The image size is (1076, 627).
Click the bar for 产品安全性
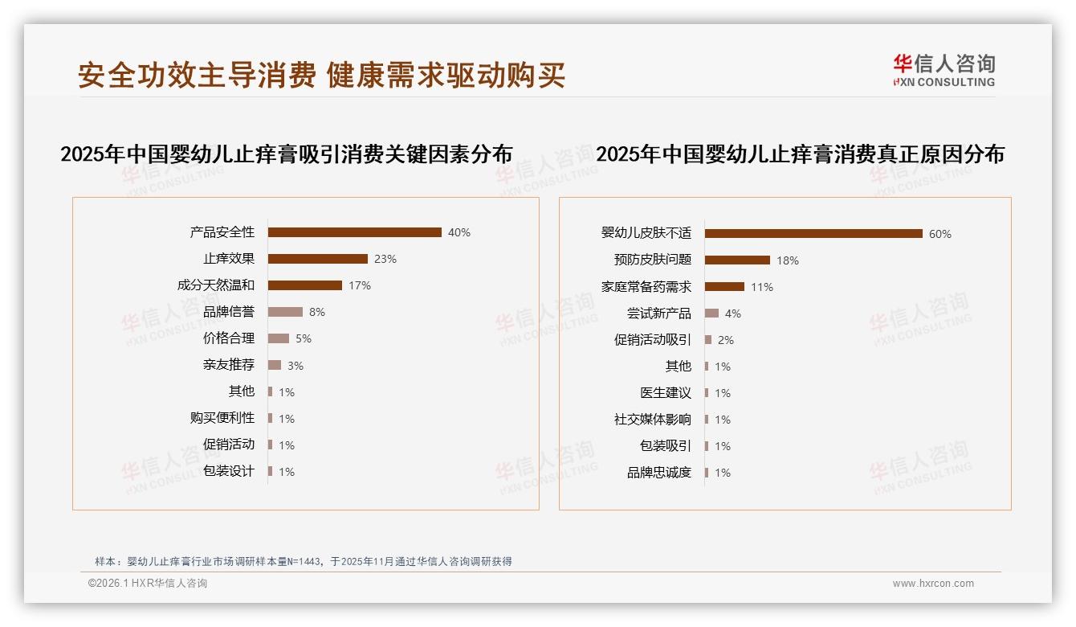tap(354, 232)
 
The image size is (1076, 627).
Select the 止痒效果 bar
tap(317, 259)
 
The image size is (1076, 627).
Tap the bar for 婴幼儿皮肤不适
tap(813, 234)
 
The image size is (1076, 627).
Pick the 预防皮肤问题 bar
tap(737, 260)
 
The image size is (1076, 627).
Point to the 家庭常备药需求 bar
tap(724, 286)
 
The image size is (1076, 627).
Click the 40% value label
tap(459, 232)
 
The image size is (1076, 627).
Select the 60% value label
tap(940, 234)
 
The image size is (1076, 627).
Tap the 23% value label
tap(385, 259)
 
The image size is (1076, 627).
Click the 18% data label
tap(788, 260)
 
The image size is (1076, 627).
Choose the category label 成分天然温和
tap(216, 285)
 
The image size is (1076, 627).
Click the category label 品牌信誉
tap(229, 311)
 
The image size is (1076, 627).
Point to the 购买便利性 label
tap(222, 417)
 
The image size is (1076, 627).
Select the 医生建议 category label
tap(666, 392)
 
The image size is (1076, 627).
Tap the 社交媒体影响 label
tap(653, 419)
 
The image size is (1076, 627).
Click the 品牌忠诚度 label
tap(659, 472)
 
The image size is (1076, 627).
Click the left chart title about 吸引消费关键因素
tap(287, 154)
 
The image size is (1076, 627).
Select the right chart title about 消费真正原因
tap(801, 154)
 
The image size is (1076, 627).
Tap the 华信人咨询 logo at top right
tap(944, 71)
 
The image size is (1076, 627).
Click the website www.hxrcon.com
tap(933, 584)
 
